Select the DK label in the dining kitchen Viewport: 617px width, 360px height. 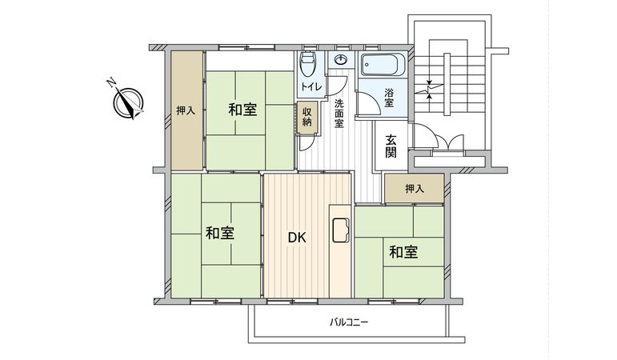(298, 237)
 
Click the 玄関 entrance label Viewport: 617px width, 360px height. (391, 145)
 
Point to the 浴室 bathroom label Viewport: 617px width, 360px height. (389, 98)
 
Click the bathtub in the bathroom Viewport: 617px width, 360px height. (386, 63)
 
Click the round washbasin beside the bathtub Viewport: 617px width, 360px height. (342, 61)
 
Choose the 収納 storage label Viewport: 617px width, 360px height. (307, 117)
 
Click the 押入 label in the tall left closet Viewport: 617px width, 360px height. (186, 110)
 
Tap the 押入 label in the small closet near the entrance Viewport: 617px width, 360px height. (414, 190)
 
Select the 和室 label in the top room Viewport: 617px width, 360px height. (242, 110)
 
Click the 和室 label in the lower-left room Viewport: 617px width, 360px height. (219, 233)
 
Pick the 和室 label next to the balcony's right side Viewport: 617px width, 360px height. (403, 253)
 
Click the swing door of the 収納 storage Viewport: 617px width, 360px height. (306, 142)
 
